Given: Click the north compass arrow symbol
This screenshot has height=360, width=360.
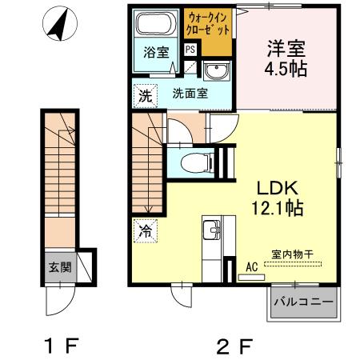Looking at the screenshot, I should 57,26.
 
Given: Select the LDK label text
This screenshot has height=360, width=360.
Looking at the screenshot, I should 277,189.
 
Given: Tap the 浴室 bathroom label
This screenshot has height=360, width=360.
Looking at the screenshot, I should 155,54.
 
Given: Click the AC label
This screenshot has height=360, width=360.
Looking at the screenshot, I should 251,267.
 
